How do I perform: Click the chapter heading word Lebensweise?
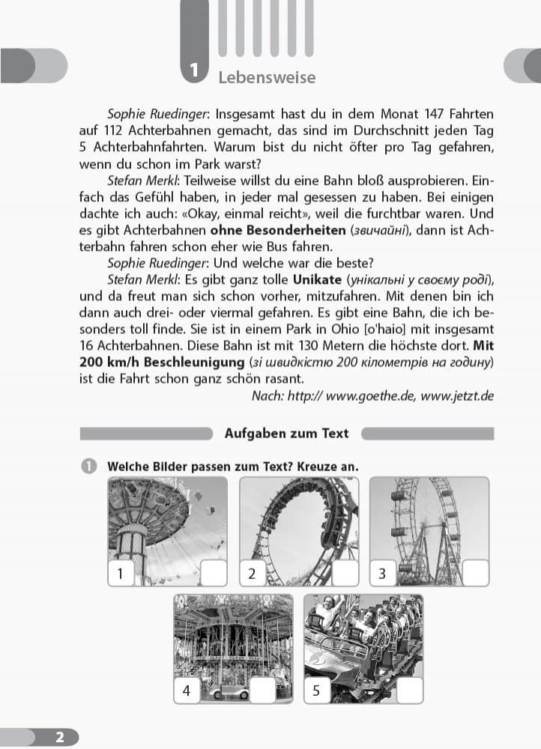[x=267, y=78]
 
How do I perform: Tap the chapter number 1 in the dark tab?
[x=193, y=72]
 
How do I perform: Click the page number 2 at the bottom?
[x=60, y=737]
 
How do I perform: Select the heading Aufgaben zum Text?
[x=287, y=434]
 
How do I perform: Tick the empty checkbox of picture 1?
[x=213, y=574]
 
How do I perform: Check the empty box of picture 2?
[x=345, y=574]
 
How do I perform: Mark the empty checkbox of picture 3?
[x=476, y=574]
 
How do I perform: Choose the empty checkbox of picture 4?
[x=263, y=691]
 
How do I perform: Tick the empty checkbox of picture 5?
[x=410, y=691]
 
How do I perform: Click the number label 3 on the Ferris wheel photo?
[x=383, y=574]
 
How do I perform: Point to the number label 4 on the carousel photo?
[x=186, y=691]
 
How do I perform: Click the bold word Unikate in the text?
[x=317, y=279]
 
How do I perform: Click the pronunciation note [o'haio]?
[x=386, y=329]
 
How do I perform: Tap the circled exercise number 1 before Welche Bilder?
[x=88, y=467]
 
